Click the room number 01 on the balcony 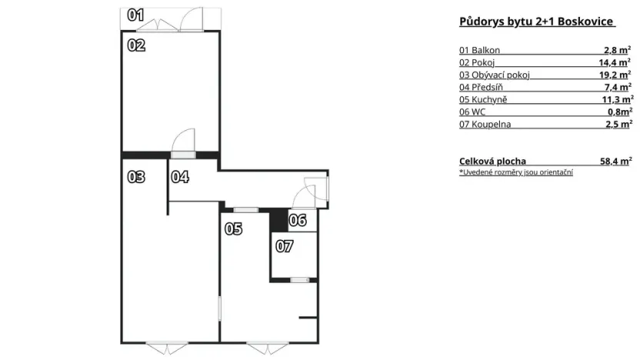(135, 14)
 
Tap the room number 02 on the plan (136, 45)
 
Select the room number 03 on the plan (136, 177)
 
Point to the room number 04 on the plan (180, 177)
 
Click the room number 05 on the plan (234, 228)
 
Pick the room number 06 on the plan (298, 221)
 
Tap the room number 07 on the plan (284, 247)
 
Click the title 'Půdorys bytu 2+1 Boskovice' (535, 22)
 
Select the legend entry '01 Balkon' (480, 50)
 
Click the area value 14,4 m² (618, 62)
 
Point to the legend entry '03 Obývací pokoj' (495, 75)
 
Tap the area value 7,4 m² (619, 87)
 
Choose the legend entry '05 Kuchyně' (483, 99)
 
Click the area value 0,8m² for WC (620, 112)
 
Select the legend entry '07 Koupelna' (485, 124)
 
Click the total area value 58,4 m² (615, 161)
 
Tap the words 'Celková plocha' (492, 161)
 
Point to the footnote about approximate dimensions (515, 172)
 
